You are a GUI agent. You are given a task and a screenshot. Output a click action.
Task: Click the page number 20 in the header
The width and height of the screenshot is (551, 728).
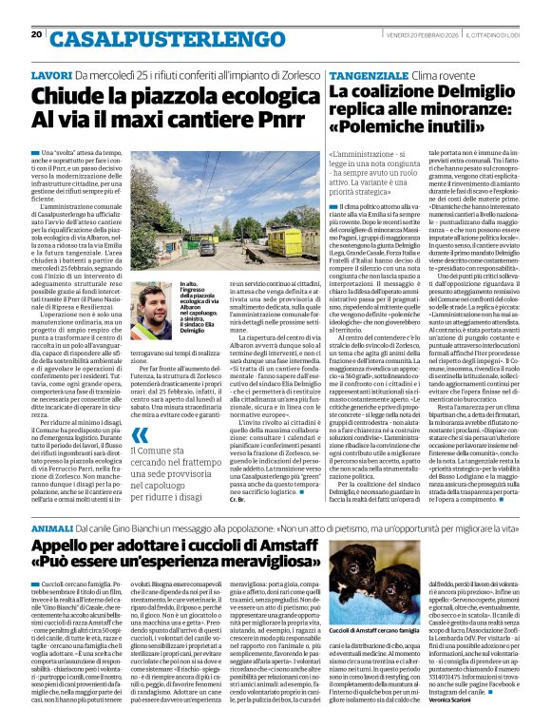point(37,34)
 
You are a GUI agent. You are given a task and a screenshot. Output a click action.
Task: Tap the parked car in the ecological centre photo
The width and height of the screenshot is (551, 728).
point(207,248)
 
